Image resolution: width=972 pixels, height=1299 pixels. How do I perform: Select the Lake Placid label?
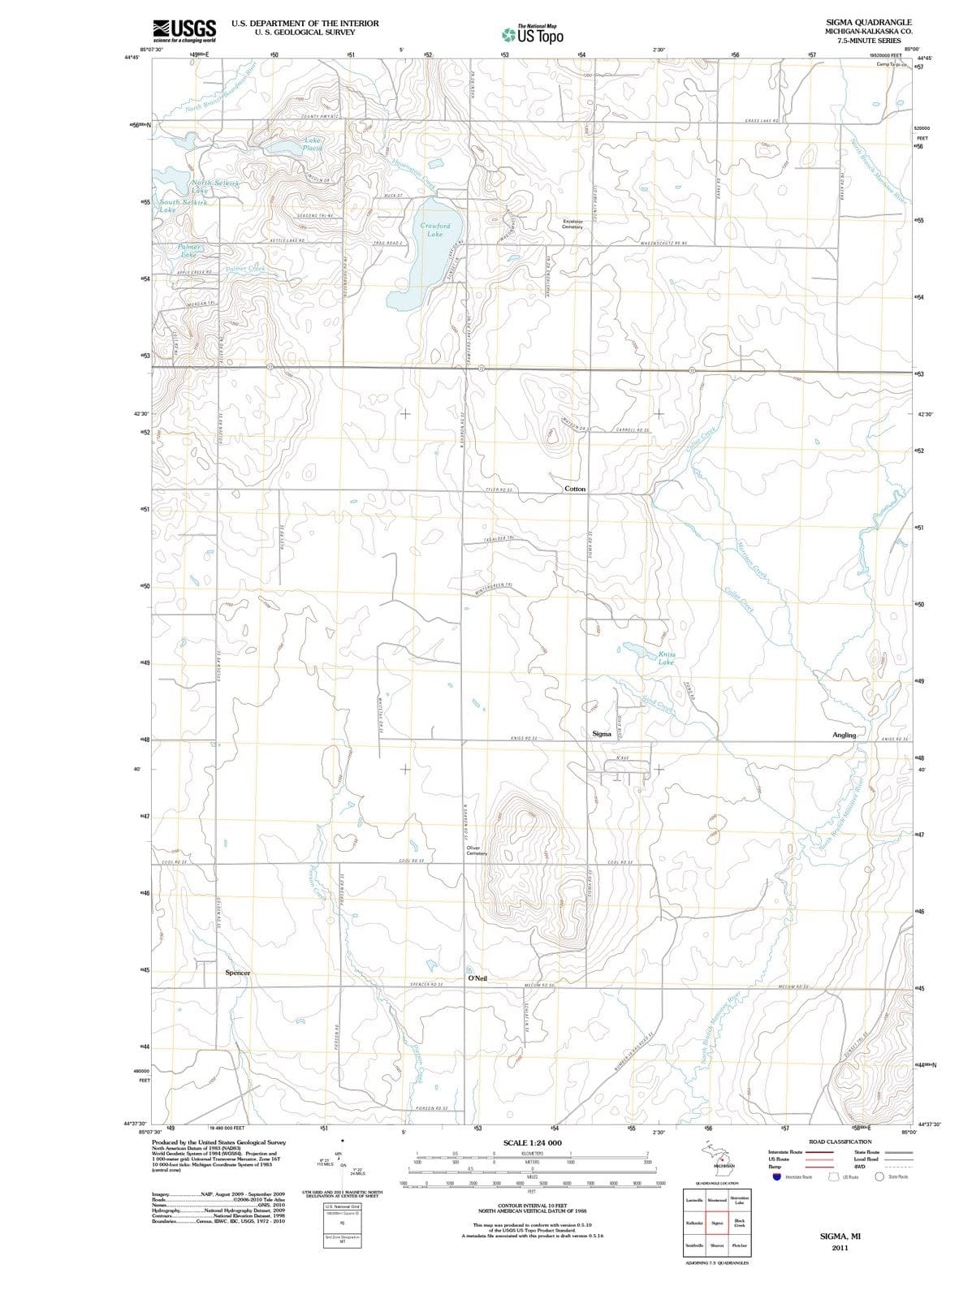tap(312, 144)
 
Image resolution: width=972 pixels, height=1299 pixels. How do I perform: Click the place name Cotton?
tap(574, 489)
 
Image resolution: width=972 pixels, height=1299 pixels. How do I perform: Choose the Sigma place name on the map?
tap(601, 734)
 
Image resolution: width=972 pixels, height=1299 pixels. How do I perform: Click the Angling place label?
tap(844, 735)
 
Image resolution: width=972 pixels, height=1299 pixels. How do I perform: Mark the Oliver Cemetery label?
tap(477, 851)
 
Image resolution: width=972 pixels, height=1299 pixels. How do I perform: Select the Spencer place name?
tap(237, 973)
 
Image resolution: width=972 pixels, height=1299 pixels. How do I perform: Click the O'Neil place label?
tap(477, 978)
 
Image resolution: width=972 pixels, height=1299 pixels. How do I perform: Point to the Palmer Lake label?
tap(189, 249)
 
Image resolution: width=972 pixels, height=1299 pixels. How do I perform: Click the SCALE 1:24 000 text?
tap(532, 1142)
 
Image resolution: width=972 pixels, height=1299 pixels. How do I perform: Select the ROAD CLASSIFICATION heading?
tap(840, 1141)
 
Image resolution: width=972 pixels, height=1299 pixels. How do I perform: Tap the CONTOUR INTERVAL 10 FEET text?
tap(532, 1205)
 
